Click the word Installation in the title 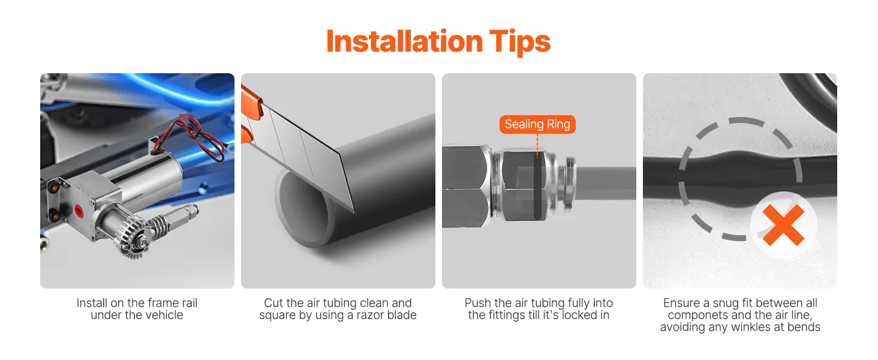point(404,41)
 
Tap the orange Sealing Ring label point(537,124)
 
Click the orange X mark point(783,225)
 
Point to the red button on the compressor point(79,211)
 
